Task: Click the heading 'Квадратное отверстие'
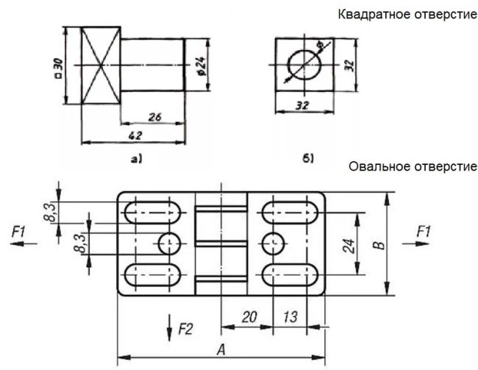[x=407, y=15]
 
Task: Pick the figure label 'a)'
[x=135, y=157]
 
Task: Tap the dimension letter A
[x=221, y=348]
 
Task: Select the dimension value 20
[x=248, y=317]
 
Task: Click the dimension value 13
[x=290, y=317]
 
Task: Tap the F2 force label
[x=187, y=329]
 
